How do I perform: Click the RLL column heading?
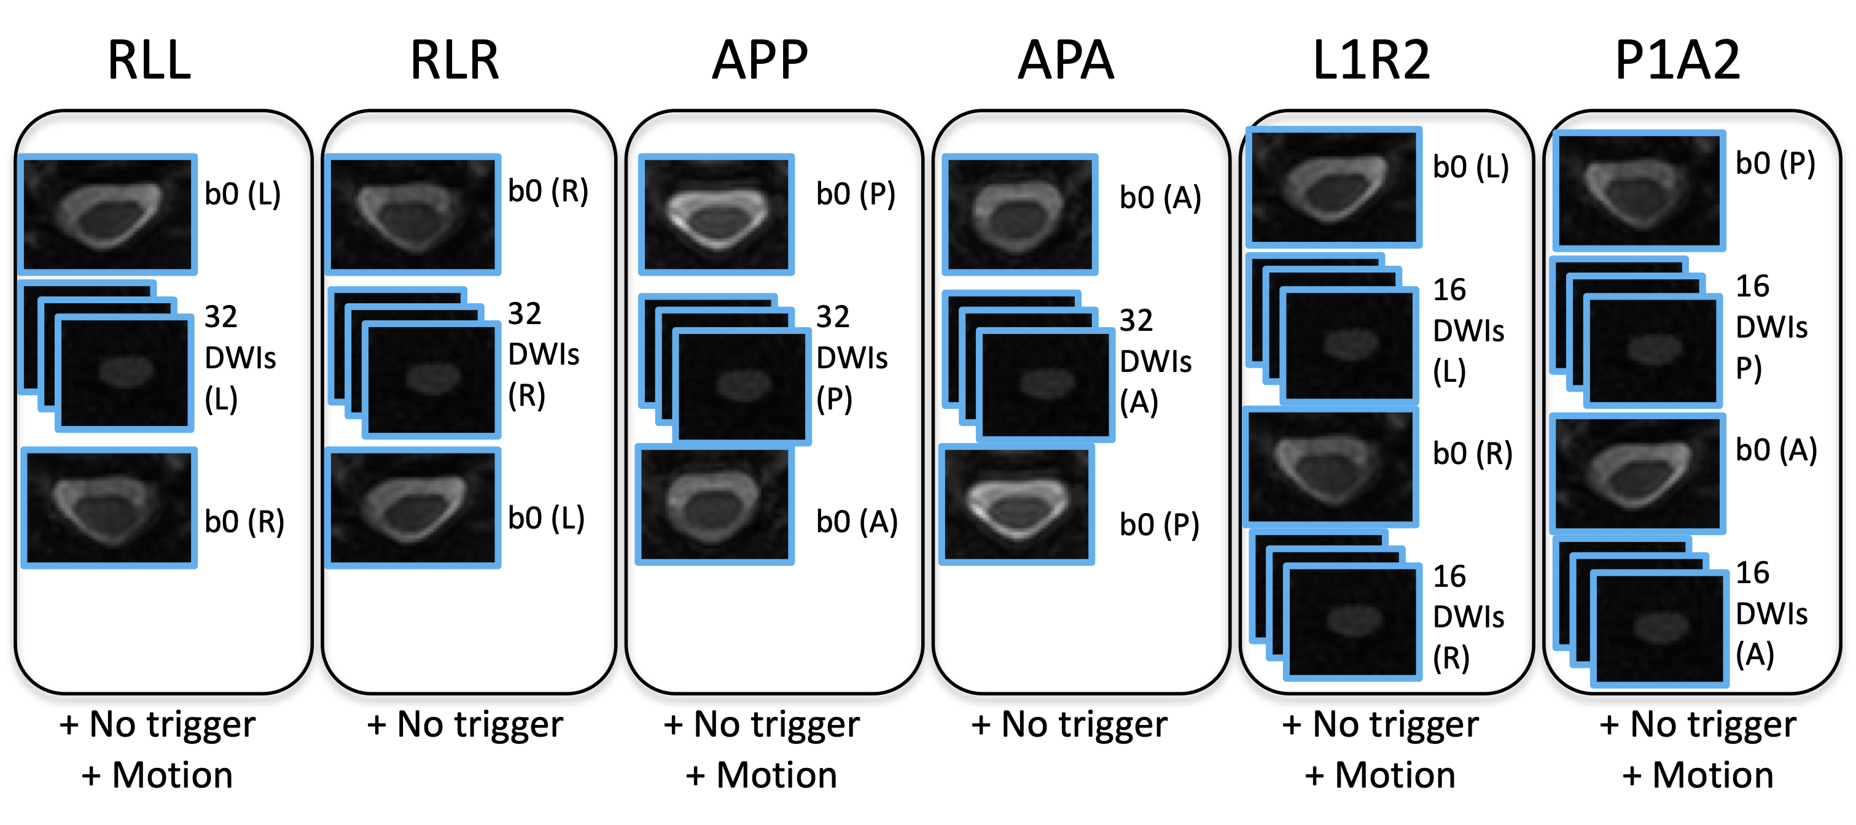point(149,61)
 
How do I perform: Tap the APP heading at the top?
point(760,61)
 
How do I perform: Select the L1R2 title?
point(1371,61)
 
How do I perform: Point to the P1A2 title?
point(1678,61)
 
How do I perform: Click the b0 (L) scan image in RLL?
point(108,214)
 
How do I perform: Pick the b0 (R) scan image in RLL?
point(109,508)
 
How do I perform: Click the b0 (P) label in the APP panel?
point(856,195)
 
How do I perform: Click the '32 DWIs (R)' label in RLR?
point(544,355)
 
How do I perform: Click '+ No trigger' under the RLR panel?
point(465,724)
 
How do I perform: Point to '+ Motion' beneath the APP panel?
point(762,775)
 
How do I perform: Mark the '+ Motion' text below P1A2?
point(1698,775)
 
